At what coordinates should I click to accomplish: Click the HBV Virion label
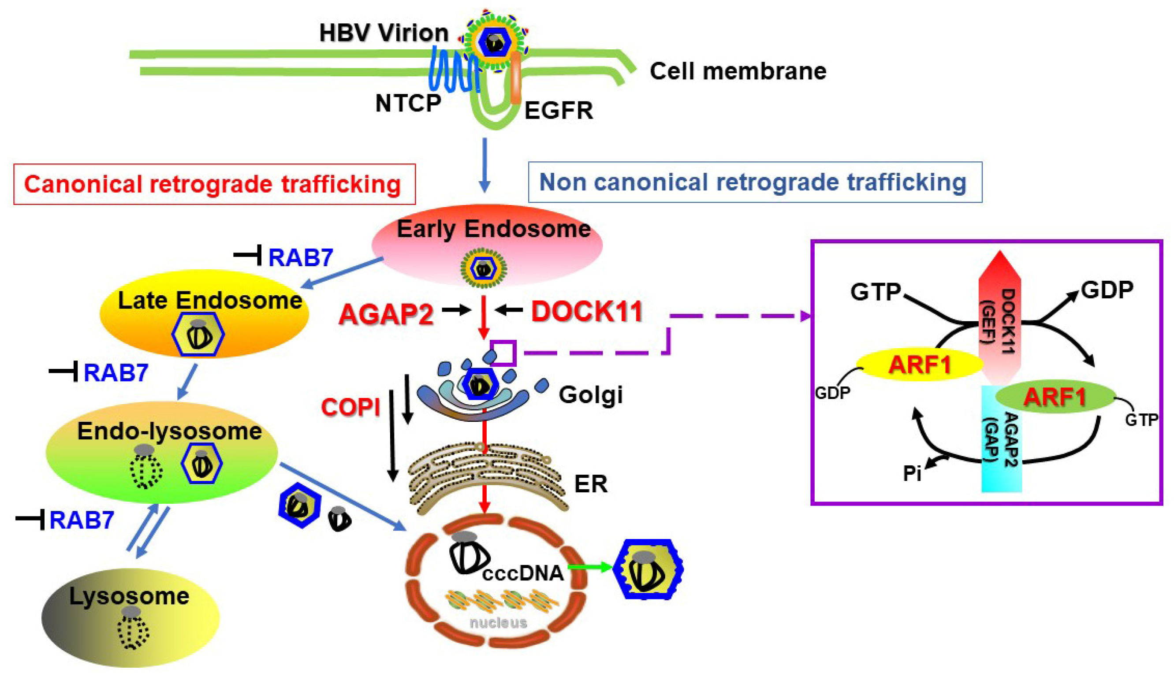(x=384, y=33)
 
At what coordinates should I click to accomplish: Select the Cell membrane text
(x=738, y=71)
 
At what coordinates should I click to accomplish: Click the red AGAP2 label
(x=386, y=314)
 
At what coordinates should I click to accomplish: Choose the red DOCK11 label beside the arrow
(x=586, y=311)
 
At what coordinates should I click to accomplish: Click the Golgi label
(x=590, y=395)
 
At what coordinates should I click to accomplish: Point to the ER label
(x=590, y=484)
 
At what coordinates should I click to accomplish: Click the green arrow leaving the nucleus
(x=589, y=567)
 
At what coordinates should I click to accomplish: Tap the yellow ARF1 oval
(x=919, y=364)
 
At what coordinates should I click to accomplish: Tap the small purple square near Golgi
(x=503, y=353)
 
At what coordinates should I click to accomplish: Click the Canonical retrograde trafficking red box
(x=214, y=184)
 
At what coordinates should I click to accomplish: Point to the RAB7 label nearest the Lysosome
(x=82, y=520)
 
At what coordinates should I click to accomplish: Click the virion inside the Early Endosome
(x=483, y=268)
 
